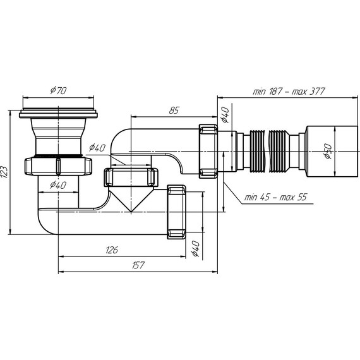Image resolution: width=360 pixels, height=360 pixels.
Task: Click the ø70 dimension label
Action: coord(58,90)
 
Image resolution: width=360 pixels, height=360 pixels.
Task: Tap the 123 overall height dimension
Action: coord(4,172)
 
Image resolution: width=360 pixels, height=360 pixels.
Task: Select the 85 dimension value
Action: coord(174,111)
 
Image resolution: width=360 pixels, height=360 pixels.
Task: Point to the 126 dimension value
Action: coord(112,250)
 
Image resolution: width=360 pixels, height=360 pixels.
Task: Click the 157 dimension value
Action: coord(138,265)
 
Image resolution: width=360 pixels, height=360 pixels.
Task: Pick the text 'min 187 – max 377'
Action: coord(289,92)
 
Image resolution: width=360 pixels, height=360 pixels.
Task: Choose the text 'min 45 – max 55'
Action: coord(275,197)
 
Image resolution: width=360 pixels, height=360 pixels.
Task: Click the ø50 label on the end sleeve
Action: coord(328,151)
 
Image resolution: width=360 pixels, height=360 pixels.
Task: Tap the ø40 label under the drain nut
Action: coord(58,185)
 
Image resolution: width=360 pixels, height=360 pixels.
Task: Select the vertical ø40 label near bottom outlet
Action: coord(195,248)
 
